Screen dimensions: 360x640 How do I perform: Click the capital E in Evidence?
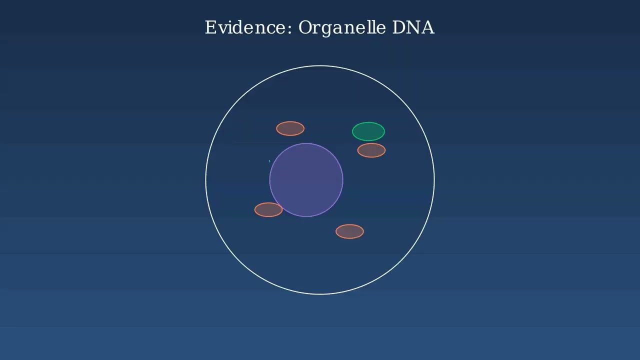click(x=210, y=27)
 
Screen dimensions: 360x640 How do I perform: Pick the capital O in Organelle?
click(x=305, y=27)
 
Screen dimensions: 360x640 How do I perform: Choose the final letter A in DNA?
click(x=428, y=27)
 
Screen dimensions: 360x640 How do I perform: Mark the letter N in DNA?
click(x=413, y=27)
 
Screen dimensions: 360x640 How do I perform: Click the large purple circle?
click(x=306, y=180)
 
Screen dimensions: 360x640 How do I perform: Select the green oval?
click(x=368, y=131)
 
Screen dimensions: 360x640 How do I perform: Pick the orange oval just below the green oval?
click(x=371, y=150)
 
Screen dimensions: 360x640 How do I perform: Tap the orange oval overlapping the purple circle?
click(x=268, y=210)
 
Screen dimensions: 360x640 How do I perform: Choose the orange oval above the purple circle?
click(x=290, y=128)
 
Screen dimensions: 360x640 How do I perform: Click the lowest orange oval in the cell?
click(x=349, y=231)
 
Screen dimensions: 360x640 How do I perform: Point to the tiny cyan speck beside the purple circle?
click(x=269, y=161)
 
